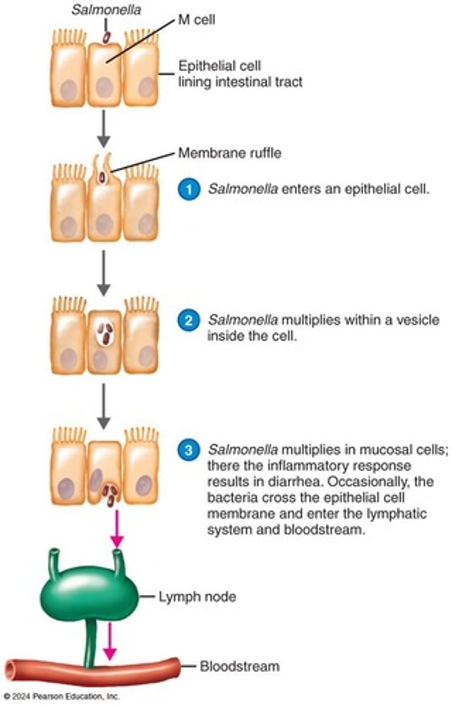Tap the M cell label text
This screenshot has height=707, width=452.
pyautogui.click(x=200, y=21)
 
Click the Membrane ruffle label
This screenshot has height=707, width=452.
pyautogui.click(x=230, y=154)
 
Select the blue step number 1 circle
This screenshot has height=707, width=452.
pyautogui.click(x=188, y=190)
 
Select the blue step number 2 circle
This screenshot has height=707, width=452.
pyautogui.click(x=188, y=322)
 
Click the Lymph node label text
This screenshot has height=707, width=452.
pyautogui.click(x=197, y=597)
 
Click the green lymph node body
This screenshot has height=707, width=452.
pyautogui.click(x=88, y=595)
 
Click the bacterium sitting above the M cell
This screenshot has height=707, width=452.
pyautogui.click(x=107, y=37)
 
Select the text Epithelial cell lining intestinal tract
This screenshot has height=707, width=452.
pyautogui.click(x=240, y=74)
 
